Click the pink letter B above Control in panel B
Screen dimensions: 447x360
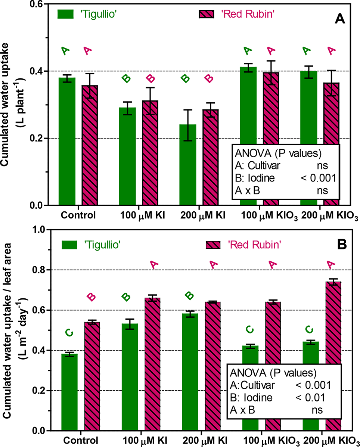pos(91,297)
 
